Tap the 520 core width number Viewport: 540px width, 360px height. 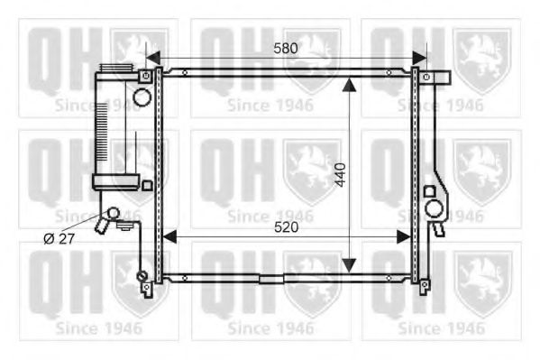[x=286, y=226]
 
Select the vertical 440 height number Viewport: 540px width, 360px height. [x=340, y=172]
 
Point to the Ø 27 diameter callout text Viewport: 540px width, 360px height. [x=60, y=237]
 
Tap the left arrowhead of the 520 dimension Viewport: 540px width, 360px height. [x=166, y=236]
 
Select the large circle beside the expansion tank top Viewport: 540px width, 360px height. [x=142, y=95]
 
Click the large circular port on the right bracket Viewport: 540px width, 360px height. [x=435, y=210]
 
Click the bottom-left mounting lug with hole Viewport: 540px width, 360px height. [x=146, y=289]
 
